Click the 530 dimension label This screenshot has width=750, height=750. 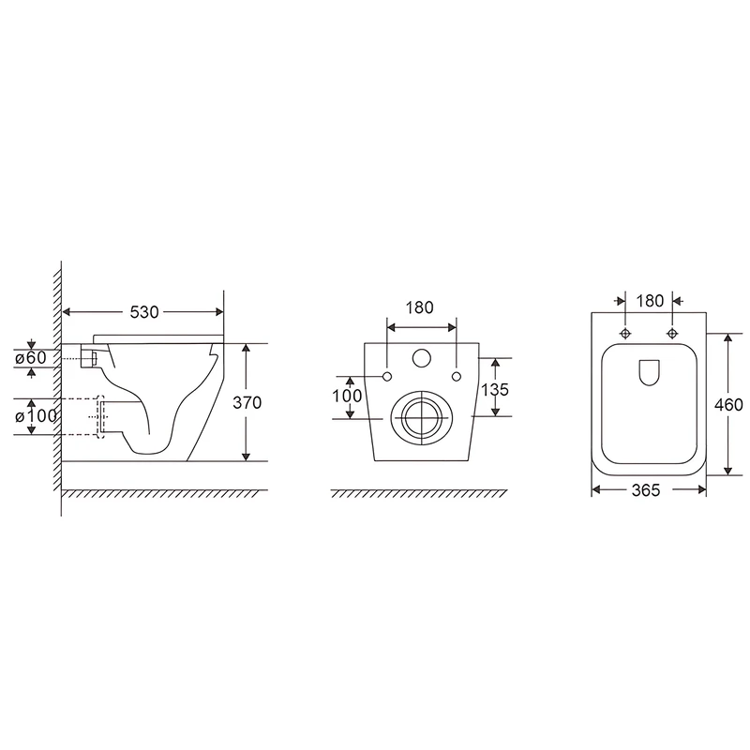coord(144,312)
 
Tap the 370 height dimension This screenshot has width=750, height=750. coord(247,403)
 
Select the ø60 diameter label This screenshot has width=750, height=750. coord(31,357)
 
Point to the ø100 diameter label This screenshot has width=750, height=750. coord(36,416)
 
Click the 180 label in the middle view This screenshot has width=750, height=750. coord(419,307)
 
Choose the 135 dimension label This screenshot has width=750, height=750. coord(495,390)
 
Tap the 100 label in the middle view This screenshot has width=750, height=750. coord(347,396)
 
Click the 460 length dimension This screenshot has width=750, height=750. coord(728,405)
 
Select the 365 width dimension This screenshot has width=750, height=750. coord(646,490)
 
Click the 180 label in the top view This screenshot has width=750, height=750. coord(650,301)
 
